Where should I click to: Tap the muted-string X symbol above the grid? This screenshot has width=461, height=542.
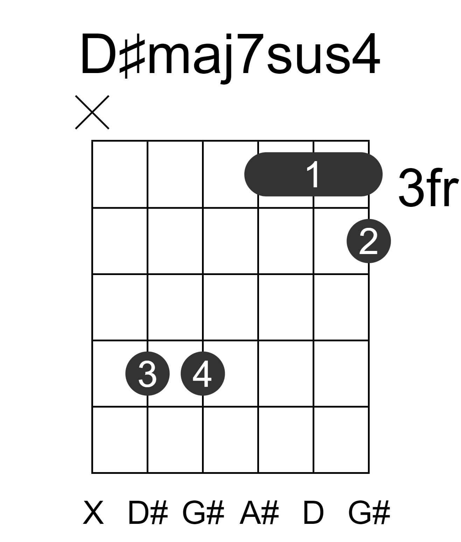click(92, 112)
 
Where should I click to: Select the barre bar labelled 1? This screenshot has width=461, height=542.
click(313, 174)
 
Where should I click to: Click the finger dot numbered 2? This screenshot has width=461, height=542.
click(369, 241)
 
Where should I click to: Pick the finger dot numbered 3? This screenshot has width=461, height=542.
click(147, 374)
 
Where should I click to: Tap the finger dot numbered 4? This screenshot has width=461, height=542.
click(203, 374)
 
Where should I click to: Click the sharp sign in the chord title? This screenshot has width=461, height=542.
click(132, 59)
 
